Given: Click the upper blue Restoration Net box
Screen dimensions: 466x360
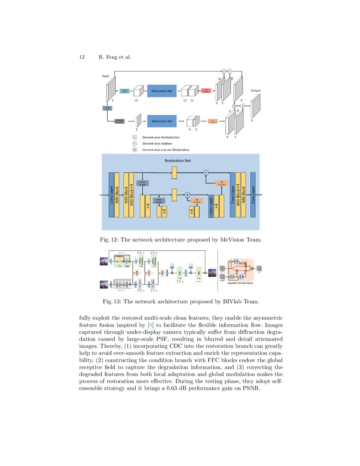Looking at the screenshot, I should coord(161,91).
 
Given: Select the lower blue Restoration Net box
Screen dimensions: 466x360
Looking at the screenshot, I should coord(161,121).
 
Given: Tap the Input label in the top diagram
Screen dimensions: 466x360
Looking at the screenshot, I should coord(105,76).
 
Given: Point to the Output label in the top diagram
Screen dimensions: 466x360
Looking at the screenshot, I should coord(255,90).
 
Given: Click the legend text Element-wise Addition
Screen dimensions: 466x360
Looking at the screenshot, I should coord(157,144).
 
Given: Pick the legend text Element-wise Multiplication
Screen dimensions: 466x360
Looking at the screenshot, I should coord(161,137).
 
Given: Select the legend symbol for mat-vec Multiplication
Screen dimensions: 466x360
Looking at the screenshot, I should coord(135,150).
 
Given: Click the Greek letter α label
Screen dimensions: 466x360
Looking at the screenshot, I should coord(219,78).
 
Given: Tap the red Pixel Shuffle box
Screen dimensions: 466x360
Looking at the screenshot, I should coord(207,91).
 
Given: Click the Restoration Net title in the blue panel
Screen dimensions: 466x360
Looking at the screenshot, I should coord(178,161).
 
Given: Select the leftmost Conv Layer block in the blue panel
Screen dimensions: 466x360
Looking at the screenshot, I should coord(112,195).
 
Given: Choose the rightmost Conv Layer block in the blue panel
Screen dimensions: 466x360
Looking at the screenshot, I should coord(253,195).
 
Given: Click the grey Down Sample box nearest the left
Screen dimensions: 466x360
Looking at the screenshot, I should coord(142,183).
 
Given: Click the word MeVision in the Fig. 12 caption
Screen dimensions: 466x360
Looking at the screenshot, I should coord(234,240).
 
